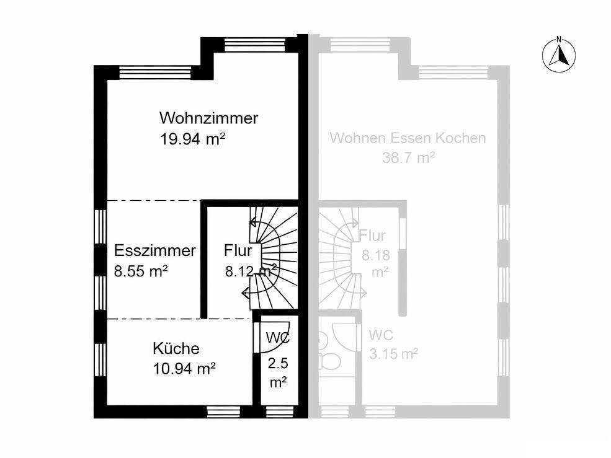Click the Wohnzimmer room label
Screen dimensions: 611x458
[208, 118]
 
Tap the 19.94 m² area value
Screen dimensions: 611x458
[192, 138]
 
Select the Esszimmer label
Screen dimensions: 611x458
[154, 250]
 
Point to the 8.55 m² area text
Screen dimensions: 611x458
[141, 271]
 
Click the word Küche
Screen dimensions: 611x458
[176, 348]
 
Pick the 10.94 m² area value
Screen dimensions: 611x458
[184, 368]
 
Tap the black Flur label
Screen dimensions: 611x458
[238, 250]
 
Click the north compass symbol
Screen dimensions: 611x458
[559, 55]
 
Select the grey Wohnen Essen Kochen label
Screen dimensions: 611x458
[408, 138]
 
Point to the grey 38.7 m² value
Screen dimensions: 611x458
[408, 158]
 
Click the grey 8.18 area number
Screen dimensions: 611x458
[376, 255]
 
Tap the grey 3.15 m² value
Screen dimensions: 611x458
[393, 354]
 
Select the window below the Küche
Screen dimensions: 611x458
[219, 412]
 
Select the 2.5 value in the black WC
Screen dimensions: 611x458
[278, 363]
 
